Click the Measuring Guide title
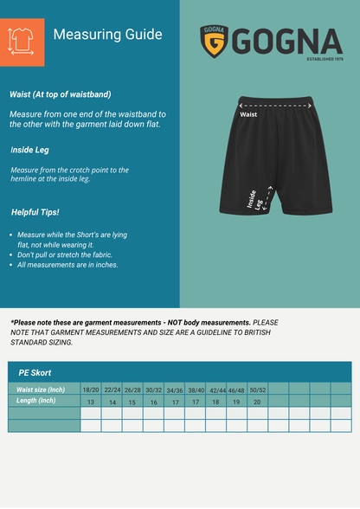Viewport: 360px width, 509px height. (107, 35)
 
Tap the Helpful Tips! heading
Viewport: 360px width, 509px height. (35, 212)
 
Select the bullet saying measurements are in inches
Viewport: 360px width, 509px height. (67, 265)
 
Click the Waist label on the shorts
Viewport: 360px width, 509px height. (248, 114)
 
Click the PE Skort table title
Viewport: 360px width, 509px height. (35, 372)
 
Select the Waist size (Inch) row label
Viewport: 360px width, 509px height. (41, 390)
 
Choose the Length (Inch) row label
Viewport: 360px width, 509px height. (35, 401)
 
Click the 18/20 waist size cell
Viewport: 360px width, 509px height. (91, 390)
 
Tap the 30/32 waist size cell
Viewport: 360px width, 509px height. (154, 390)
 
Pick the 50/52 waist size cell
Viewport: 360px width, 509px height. (258, 390)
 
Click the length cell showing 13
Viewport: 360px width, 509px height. (91, 403)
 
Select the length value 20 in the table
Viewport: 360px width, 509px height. (258, 403)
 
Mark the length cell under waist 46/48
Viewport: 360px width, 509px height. (236, 403)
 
